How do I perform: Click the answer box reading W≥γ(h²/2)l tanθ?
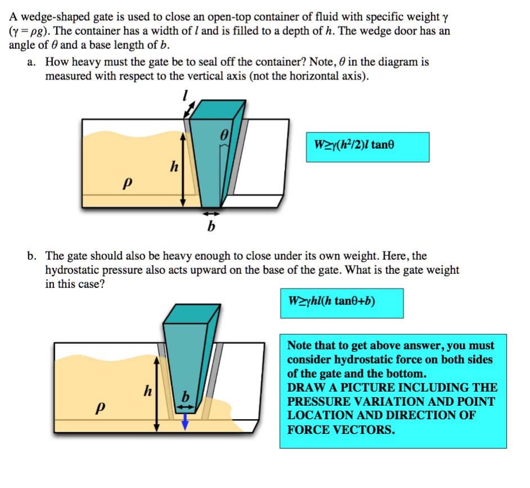click(367, 147)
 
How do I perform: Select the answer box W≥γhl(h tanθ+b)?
click(342, 303)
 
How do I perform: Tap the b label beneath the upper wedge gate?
click(211, 227)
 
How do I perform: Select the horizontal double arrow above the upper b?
click(211, 214)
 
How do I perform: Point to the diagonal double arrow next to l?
click(190, 110)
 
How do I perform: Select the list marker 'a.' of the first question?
click(32, 62)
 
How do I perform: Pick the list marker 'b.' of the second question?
click(32, 256)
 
